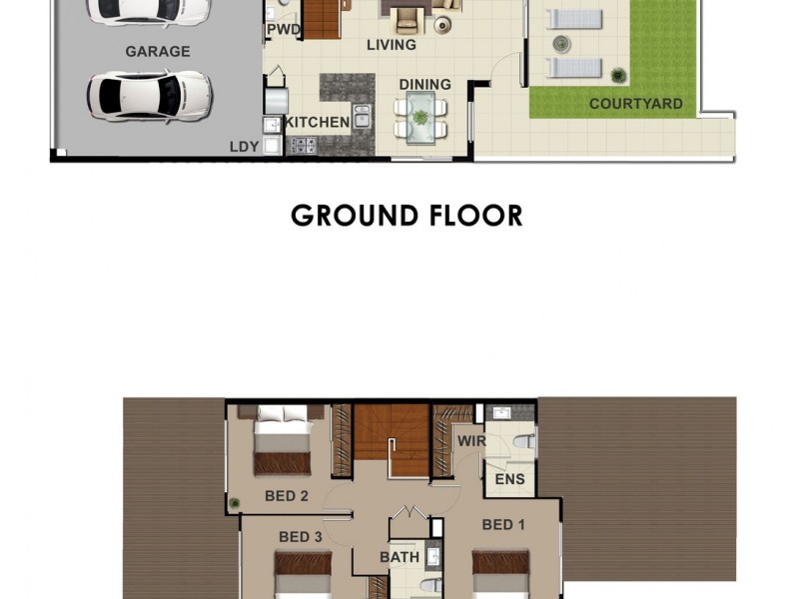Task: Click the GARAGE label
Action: [x=157, y=51]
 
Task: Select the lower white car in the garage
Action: [x=150, y=96]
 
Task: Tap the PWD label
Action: [x=283, y=30]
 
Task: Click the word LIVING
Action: [x=392, y=45]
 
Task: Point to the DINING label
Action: [x=425, y=85]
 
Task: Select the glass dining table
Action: [x=420, y=116]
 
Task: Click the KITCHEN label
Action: [x=319, y=123]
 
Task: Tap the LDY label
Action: [x=244, y=147]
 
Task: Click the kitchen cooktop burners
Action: [x=302, y=146]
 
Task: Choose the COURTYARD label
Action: [x=635, y=104]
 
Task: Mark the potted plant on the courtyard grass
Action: [x=619, y=75]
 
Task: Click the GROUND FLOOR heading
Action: [x=406, y=215]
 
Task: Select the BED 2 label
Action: [x=286, y=496]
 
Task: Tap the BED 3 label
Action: [x=300, y=537]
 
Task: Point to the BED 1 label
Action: [x=503, y=524]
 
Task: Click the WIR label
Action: [x=471, y=440]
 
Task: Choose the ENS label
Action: [x=510, y=480]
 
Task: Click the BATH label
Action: [x=398, y=557]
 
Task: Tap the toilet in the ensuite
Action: [x=522, y=442]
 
